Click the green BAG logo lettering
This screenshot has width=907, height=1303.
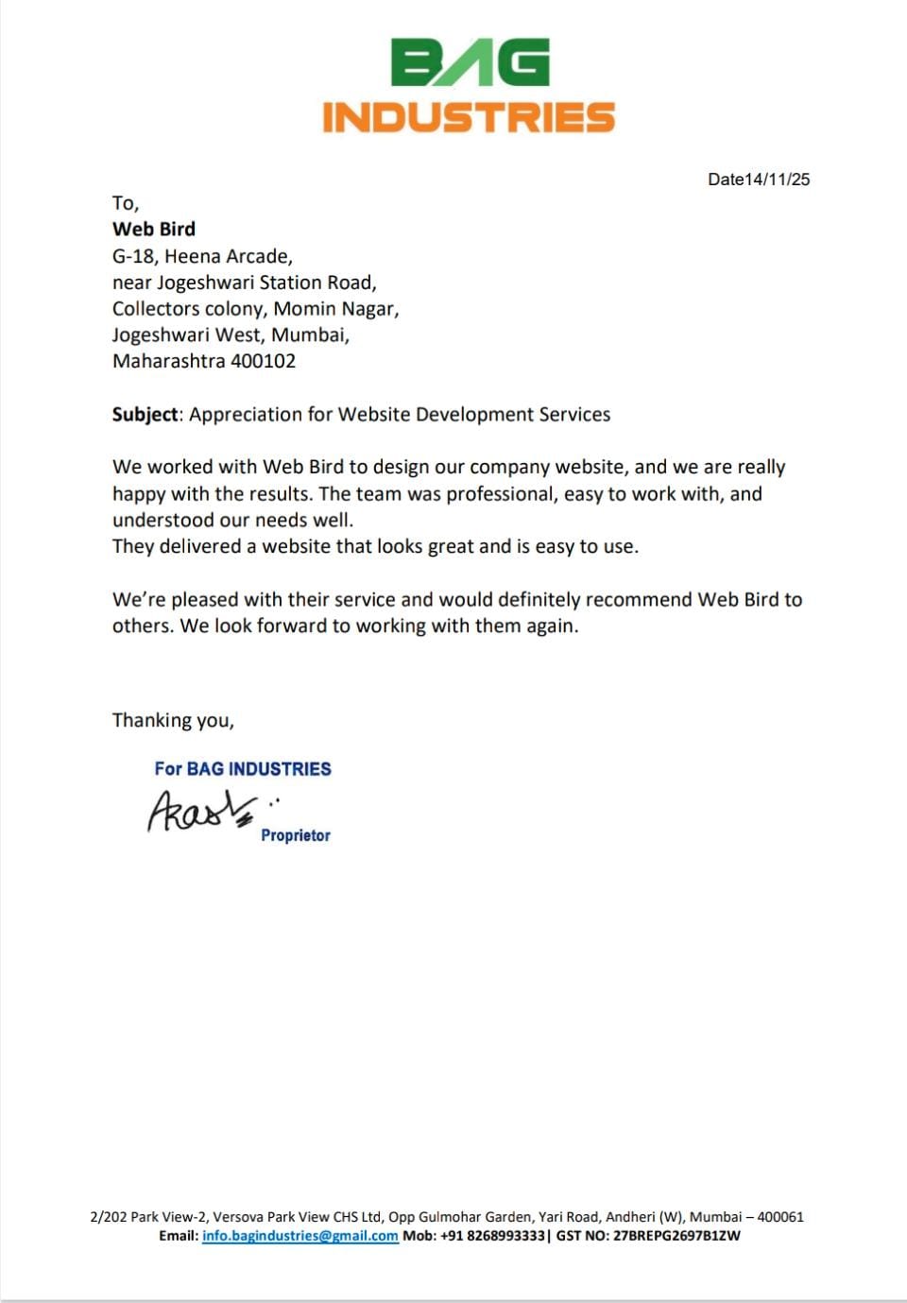[x=470, y=63]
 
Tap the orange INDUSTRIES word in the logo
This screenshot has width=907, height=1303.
[x=469, y=117]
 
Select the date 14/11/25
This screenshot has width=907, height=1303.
[x=777, y=180]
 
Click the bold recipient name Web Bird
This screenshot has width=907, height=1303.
[x=154, y=229]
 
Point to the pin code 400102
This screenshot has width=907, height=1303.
[x=264, y=361]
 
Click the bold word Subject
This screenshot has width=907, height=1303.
[x=145, y=414]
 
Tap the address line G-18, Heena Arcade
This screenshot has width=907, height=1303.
[x=202, y=256]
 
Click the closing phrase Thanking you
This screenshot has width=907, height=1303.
[x=173, y=720]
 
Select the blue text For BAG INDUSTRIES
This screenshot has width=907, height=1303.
[x=243, y=768]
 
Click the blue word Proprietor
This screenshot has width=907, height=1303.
[x=296, y=835]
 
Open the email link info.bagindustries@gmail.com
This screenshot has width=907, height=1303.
[x=300, y=1235]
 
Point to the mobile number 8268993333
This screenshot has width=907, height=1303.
[x=506, y=1235]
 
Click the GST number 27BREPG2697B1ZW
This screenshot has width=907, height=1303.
[x=676, y=1235]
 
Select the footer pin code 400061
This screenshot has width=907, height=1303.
[x=780, y=1217]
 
